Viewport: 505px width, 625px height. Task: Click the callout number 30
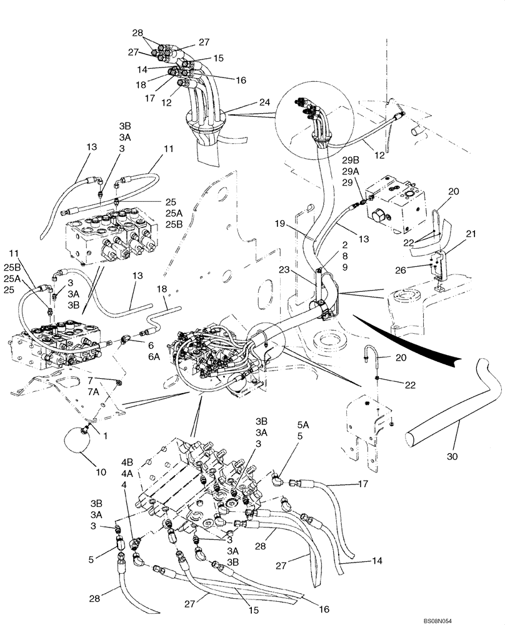[x=452, y=457]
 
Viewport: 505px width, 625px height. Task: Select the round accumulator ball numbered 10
[x=79, y=442]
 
